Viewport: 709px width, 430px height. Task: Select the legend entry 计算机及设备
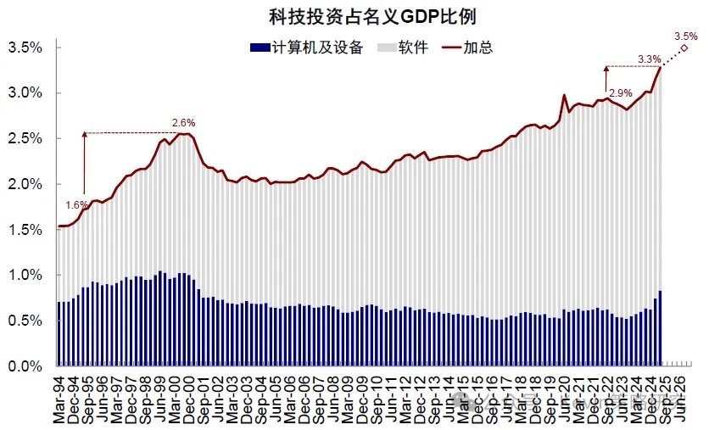pyautogui.click(x=315, y=47)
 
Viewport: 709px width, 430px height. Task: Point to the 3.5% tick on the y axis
pyautogui.click(x=26, y=47)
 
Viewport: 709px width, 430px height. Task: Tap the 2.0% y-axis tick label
pyautogui.click(x=26, y=184)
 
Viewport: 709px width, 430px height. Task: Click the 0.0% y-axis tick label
pyautogui.click(x=26, y=366)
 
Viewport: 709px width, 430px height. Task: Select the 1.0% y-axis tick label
pyautogui.click(x=26, y=275)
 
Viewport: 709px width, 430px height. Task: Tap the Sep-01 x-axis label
pyautogui.click(x=207, y=396)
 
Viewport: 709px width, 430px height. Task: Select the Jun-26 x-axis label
pyautogui.click(x=687, y=396)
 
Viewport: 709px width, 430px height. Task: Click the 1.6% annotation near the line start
pyautogui.click(x=75, y=204)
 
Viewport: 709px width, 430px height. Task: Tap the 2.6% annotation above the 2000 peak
pyautogui.click(x=182, y=123)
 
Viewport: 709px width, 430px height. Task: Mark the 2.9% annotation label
pyautogui.click(x=621, y=92)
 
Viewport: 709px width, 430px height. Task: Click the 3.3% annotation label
pyautogui.click(x=649, y=59)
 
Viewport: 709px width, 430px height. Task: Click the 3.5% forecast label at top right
pyautogui.click(x=686, y=36)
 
